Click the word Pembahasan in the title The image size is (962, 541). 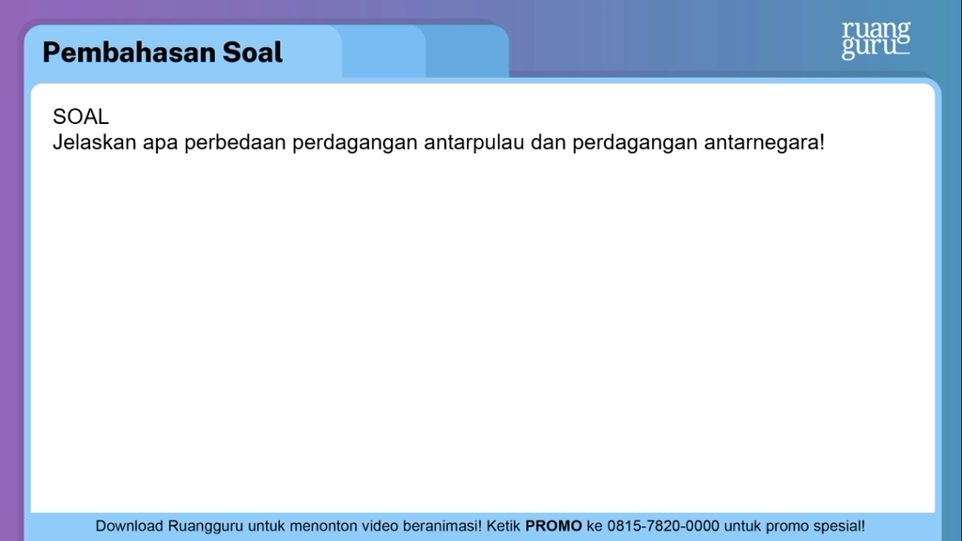tap(128, 53)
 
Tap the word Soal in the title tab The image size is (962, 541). tap(252, 53)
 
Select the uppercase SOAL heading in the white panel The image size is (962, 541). tap(81, 117)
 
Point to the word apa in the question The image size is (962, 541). tap(161, 145)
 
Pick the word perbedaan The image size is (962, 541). tap(235, 144)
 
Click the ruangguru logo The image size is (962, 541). tap(876, 39)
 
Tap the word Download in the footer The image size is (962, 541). tap(130, 526)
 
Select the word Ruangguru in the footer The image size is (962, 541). tap(207, 526)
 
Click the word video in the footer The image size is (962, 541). tap(380, 526)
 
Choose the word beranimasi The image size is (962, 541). tap(442, 526)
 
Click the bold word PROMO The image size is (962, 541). tap(553, 526)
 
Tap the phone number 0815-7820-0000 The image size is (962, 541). tap(662, 526)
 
